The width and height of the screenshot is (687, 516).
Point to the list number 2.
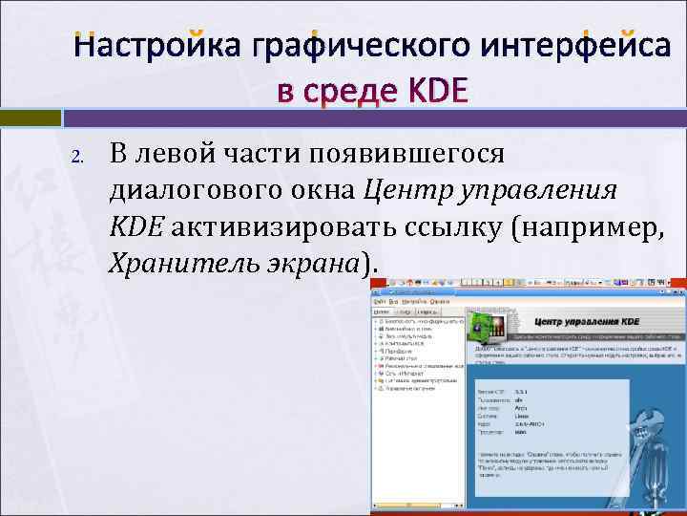[x=81, y=156]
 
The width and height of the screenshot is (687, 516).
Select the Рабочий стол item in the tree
[x=402, y=356]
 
